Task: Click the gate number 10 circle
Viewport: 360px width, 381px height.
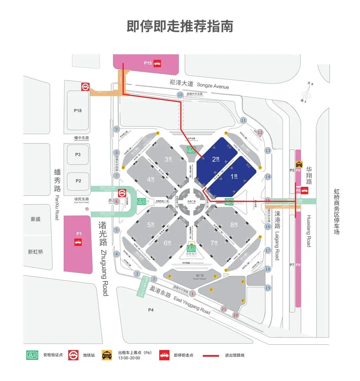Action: [x=180, y=95]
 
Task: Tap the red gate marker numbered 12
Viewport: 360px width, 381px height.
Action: [x=260, y=133]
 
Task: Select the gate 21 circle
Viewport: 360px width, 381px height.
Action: [x=224, y=309]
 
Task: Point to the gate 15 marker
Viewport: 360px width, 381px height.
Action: [x=268, y=200]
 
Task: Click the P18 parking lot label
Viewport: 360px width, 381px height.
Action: [x=78, y=111]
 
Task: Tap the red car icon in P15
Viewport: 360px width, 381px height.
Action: [x=157, y=63]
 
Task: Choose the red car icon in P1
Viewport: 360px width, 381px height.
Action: [x=78, y=242]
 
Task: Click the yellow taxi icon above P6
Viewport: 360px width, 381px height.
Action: [x=299, y=164]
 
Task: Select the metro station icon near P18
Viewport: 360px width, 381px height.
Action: [x=86, y=87]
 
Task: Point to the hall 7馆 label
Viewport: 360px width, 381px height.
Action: [x=214, y=243]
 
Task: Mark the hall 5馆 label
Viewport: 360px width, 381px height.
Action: [x=151, y=225]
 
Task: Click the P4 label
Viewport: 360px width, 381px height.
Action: [x=151, y=310]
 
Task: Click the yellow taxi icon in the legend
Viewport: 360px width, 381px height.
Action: [x=107, y=355]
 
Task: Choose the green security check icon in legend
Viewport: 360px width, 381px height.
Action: [x=32, y=355]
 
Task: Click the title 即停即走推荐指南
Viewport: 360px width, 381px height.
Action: [x=180, y=26]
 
